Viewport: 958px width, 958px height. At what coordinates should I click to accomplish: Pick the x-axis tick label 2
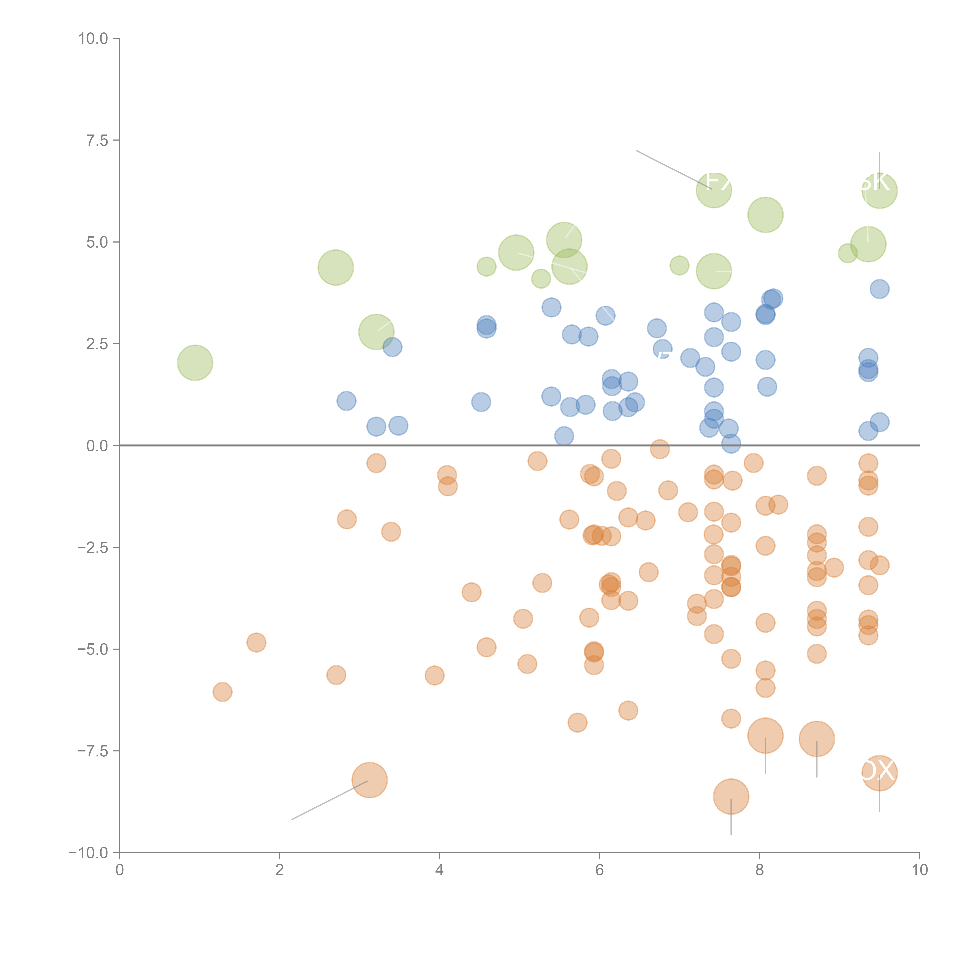tap(280, 870)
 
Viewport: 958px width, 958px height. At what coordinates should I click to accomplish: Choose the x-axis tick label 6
tap(600, 870)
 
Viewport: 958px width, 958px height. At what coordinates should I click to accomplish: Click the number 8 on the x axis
tap(760, 870)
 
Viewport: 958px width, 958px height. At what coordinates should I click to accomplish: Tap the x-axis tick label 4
tap(439, 870)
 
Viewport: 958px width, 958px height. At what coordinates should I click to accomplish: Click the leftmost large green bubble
tap(195, 363)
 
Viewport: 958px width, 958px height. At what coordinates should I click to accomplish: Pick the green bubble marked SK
tap(879, 190)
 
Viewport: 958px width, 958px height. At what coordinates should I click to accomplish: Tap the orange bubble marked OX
tap(879, 773)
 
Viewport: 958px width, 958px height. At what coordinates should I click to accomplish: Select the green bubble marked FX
tap(714, 189)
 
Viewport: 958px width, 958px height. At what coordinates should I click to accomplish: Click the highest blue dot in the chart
tap(879, 289)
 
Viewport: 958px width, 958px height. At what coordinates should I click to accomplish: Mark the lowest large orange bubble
tap(731, 796)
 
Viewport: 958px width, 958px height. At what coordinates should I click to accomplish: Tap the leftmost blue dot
tap(346, 401)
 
